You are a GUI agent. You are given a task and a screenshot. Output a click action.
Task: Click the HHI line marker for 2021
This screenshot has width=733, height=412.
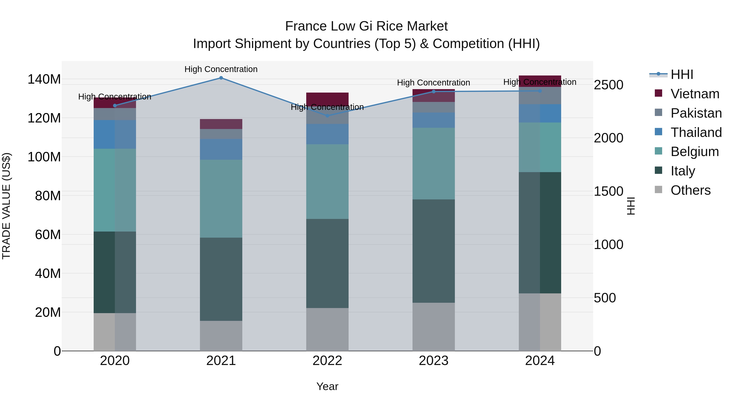(221, 78)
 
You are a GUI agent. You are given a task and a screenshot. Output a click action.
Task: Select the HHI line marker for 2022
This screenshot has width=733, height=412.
(327, 116)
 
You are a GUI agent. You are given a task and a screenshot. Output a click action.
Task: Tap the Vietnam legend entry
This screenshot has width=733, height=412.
(695, 94)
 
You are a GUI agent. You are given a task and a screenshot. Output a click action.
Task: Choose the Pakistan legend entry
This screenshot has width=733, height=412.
(696, 113)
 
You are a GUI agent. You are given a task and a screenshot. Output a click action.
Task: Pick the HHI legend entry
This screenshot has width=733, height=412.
(682, 74)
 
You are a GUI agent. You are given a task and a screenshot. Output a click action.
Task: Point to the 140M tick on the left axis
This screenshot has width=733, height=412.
(44, 79)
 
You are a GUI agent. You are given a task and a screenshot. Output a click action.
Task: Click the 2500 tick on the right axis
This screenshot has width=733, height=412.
(609, 85)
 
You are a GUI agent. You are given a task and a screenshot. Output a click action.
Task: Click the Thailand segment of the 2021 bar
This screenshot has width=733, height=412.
(221, 149)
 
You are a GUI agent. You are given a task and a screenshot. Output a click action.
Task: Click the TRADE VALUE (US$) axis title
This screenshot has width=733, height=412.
(7, 206)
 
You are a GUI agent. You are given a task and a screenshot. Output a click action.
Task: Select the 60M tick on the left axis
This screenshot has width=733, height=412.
(48, 235)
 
